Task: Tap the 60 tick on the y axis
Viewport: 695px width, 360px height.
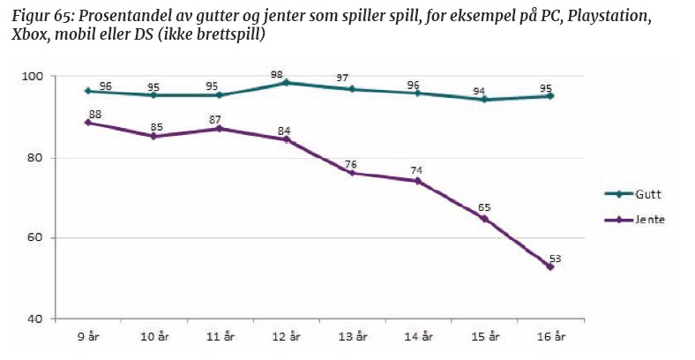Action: [45, 238]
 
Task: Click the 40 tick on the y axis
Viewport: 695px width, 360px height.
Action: [45, 319]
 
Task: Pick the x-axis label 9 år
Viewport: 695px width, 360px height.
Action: [87, 337]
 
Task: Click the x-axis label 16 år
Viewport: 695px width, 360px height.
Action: [550, 337]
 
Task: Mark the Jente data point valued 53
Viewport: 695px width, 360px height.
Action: [550, 266]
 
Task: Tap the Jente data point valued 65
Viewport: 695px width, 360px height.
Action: [484, 218]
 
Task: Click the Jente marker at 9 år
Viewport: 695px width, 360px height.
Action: [87, 123]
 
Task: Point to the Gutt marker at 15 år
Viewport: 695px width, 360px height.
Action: [484, 100]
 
